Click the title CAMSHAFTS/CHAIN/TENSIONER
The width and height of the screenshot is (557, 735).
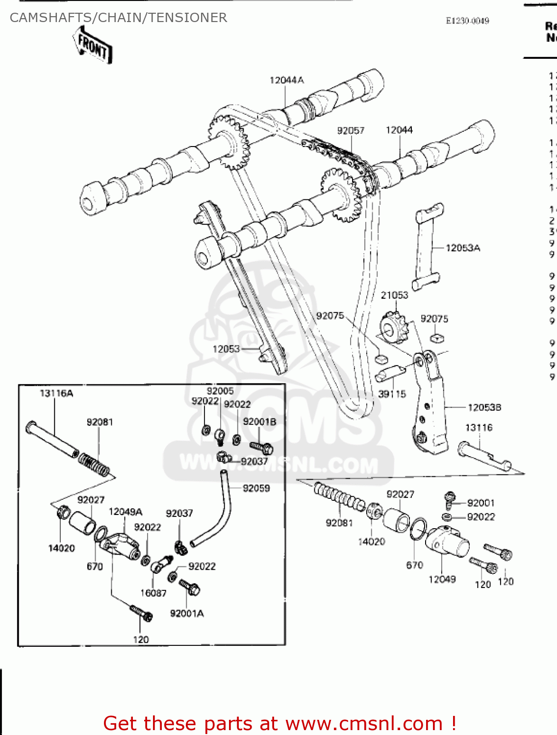pos(118,18)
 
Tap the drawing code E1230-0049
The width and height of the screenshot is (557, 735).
pos(467,21)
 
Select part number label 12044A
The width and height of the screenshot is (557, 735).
pos(286,80)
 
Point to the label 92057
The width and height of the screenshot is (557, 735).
pos(351,130)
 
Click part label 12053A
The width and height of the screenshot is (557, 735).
pos(462,248)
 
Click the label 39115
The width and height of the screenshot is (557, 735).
pos(392,394)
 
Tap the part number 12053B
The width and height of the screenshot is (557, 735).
pos(484,407)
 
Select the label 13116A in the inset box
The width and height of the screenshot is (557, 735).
pos(56,393)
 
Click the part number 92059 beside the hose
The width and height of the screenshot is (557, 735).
pos(256,488)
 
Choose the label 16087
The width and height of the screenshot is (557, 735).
pos(153,593)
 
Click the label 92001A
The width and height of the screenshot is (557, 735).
pos(187,613)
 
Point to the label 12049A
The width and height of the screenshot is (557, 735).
pos(126,512)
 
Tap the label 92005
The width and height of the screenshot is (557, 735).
pos(220,391)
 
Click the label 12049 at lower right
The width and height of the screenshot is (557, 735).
pos(442,579)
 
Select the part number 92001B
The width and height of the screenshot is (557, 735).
pos(259,421)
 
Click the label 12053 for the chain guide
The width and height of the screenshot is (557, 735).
pos(226,349)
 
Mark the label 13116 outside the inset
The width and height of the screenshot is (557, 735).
pos(479,428)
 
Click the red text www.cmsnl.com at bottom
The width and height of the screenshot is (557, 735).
pos(364,723)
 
